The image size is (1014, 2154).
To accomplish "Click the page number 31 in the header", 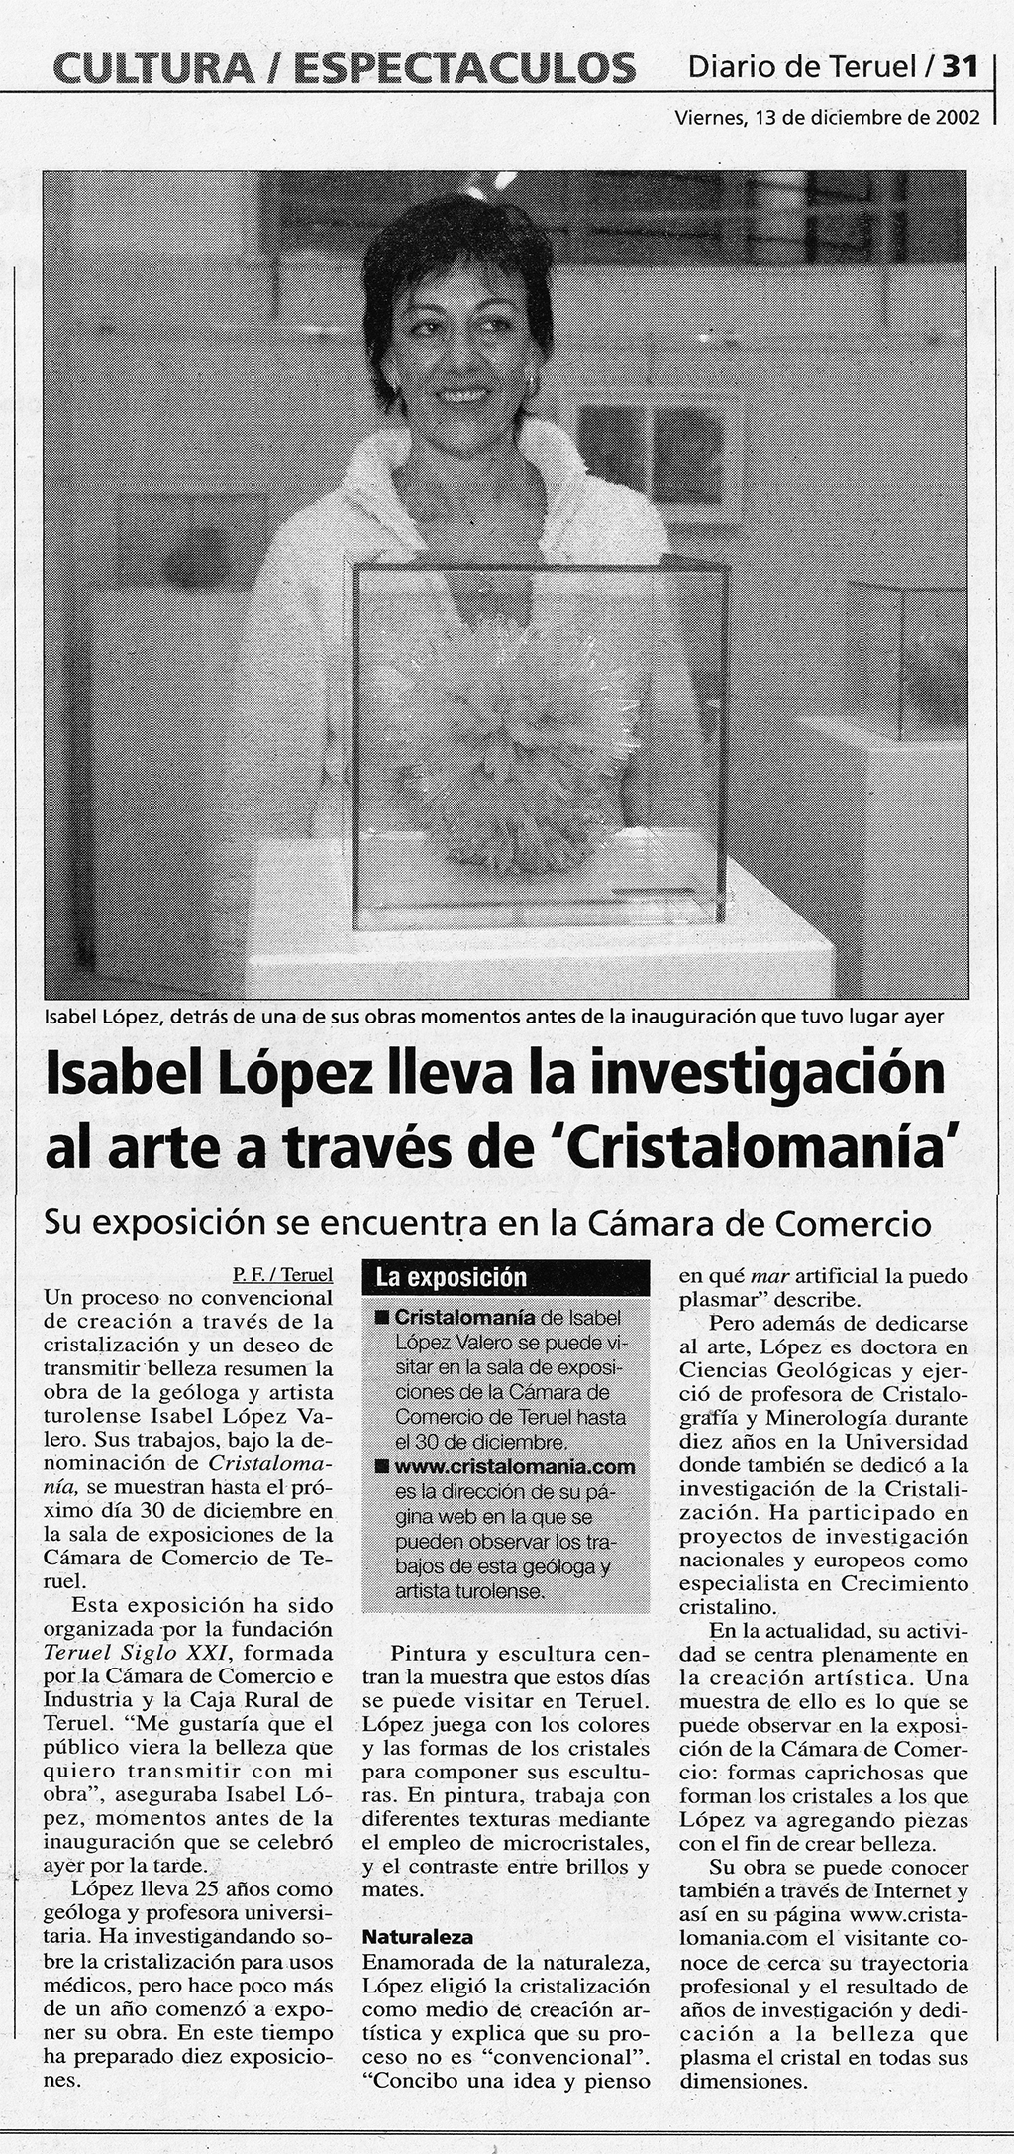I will (960, 66).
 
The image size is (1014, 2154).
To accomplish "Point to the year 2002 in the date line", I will (957, 117).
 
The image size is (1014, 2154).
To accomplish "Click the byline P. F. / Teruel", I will (283, 1275).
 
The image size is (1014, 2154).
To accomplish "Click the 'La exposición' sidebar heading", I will (451, 1277).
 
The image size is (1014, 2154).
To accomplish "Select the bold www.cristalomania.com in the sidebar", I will (515, 1467).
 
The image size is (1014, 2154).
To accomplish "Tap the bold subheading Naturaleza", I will (418, 1937).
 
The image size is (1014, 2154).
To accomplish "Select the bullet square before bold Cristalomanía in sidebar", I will (381, 1318).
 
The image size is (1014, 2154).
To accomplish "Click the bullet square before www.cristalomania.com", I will (381, 1467).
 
